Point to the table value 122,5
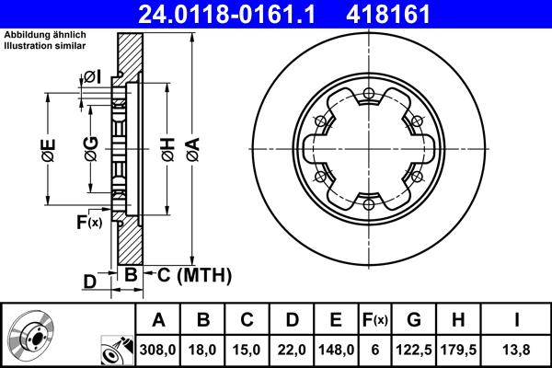[415, 350]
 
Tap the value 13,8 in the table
[517, 350]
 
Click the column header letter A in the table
[159, 320]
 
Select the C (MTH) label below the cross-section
[188, 276]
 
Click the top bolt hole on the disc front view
[368, 92]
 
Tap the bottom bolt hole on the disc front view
[368, 203]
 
